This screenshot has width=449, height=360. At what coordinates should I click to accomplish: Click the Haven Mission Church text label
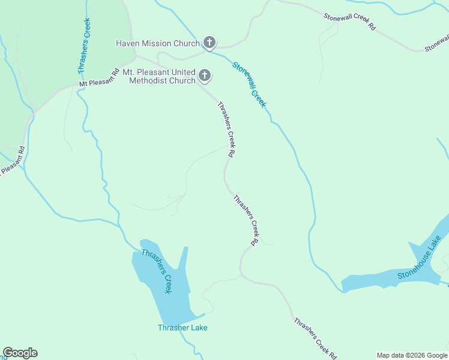(x=157, y=43)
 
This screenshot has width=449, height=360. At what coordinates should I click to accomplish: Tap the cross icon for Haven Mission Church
(x=209, y=42)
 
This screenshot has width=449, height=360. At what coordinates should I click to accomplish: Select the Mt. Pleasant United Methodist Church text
(x=159, y=76)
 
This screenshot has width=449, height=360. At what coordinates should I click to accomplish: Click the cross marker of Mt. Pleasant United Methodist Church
(x=205, y=76)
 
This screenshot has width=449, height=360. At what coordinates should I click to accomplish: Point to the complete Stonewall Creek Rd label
(x=349, y=23)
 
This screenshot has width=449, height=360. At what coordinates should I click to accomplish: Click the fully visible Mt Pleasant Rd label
(x=99, y=77)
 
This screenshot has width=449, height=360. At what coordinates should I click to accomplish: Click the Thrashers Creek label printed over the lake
(x=157, y=271)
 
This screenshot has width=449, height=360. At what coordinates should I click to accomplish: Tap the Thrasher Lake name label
(x=182, y=328)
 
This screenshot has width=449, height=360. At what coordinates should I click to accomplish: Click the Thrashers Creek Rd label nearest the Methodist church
(x=226, y=130)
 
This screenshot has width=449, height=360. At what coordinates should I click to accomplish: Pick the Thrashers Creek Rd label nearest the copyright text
(x=315, y=338)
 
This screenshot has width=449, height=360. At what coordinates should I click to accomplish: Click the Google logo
(x=20, y=353)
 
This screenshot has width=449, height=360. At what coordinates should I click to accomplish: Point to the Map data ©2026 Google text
(x=412, y=355)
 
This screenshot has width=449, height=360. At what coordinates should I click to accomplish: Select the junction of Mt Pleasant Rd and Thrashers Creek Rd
(x=137, y=57)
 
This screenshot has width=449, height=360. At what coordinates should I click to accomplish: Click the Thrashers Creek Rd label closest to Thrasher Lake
(x=246, y=220)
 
